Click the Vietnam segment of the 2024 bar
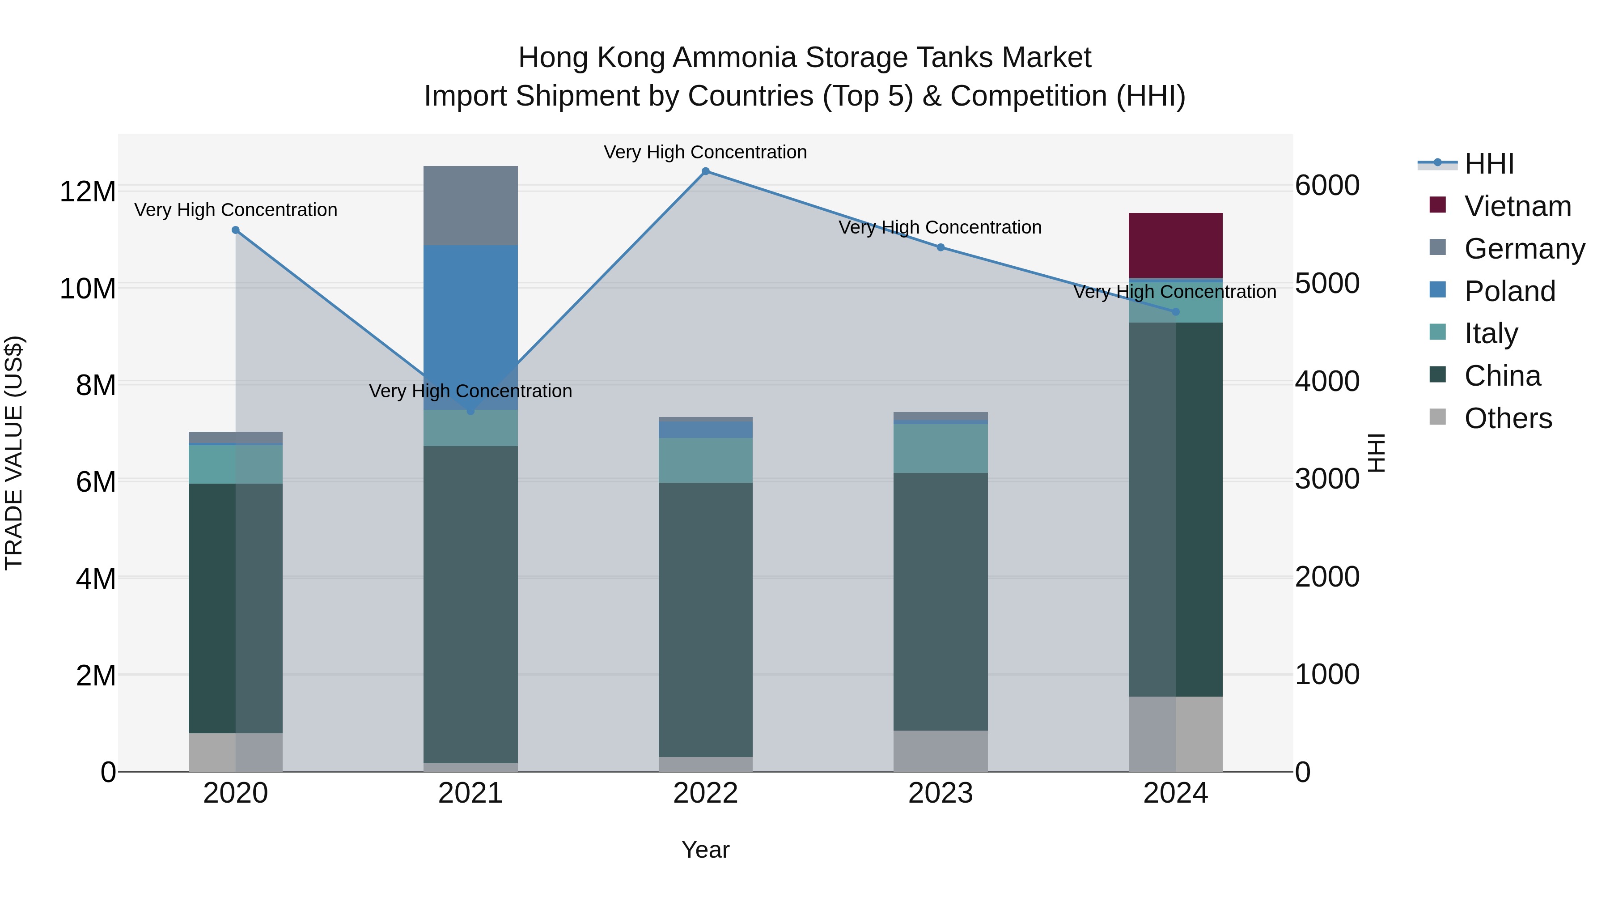(1175, 245)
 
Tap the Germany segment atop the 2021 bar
(470, 205)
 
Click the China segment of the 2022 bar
(706, 619)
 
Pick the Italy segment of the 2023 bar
(941, 448)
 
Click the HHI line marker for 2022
(706, 171)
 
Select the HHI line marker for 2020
(236, 230)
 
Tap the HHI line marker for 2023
(941, 247)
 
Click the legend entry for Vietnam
(1517, 206)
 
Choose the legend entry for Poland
(1509, 291)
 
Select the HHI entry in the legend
(1489, 164)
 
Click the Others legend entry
(1508, 418)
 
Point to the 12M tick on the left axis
(88, 191)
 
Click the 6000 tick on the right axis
(1326, 186)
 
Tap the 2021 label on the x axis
(470, 793)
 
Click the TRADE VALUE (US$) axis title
(14, 453)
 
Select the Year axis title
(706, 850)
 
